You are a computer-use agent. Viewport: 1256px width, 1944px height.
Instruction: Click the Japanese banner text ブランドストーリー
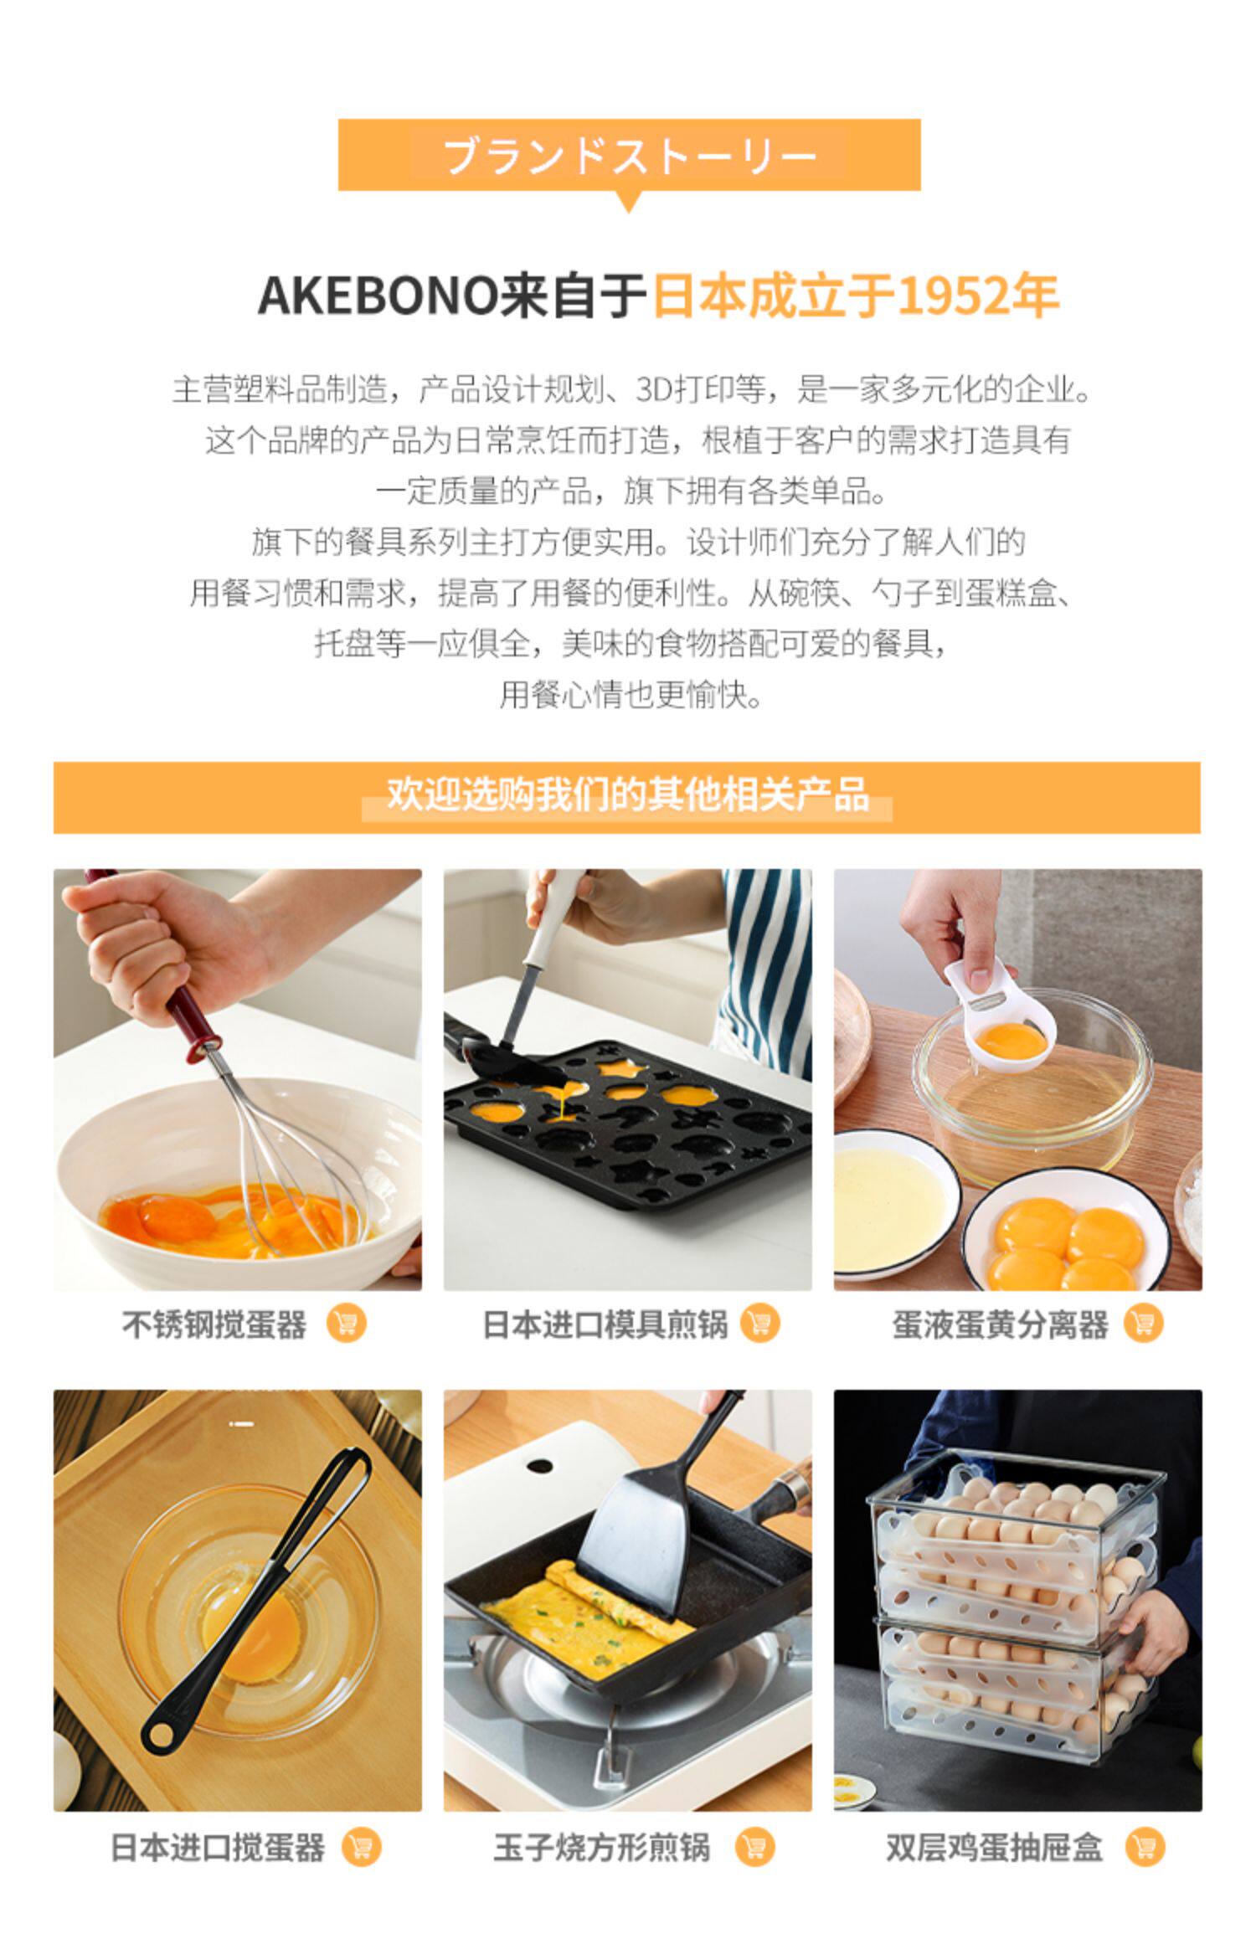coord(629,156)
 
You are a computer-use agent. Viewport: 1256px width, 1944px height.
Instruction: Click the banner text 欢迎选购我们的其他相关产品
coord(627,795)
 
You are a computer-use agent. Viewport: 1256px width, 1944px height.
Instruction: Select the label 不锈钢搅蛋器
coord(214,1324)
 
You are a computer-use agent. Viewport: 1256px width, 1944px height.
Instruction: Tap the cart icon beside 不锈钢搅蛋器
coord(346,1324)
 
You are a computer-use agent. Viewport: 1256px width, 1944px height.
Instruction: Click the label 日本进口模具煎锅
coord(605,1324)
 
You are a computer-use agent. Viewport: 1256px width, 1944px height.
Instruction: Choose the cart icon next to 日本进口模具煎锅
coord(759,1324)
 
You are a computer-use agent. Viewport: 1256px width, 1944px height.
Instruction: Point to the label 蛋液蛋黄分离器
coord(1000,1324)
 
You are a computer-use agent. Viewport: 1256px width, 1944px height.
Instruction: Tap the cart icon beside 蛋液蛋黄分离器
coord(1143,1324)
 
